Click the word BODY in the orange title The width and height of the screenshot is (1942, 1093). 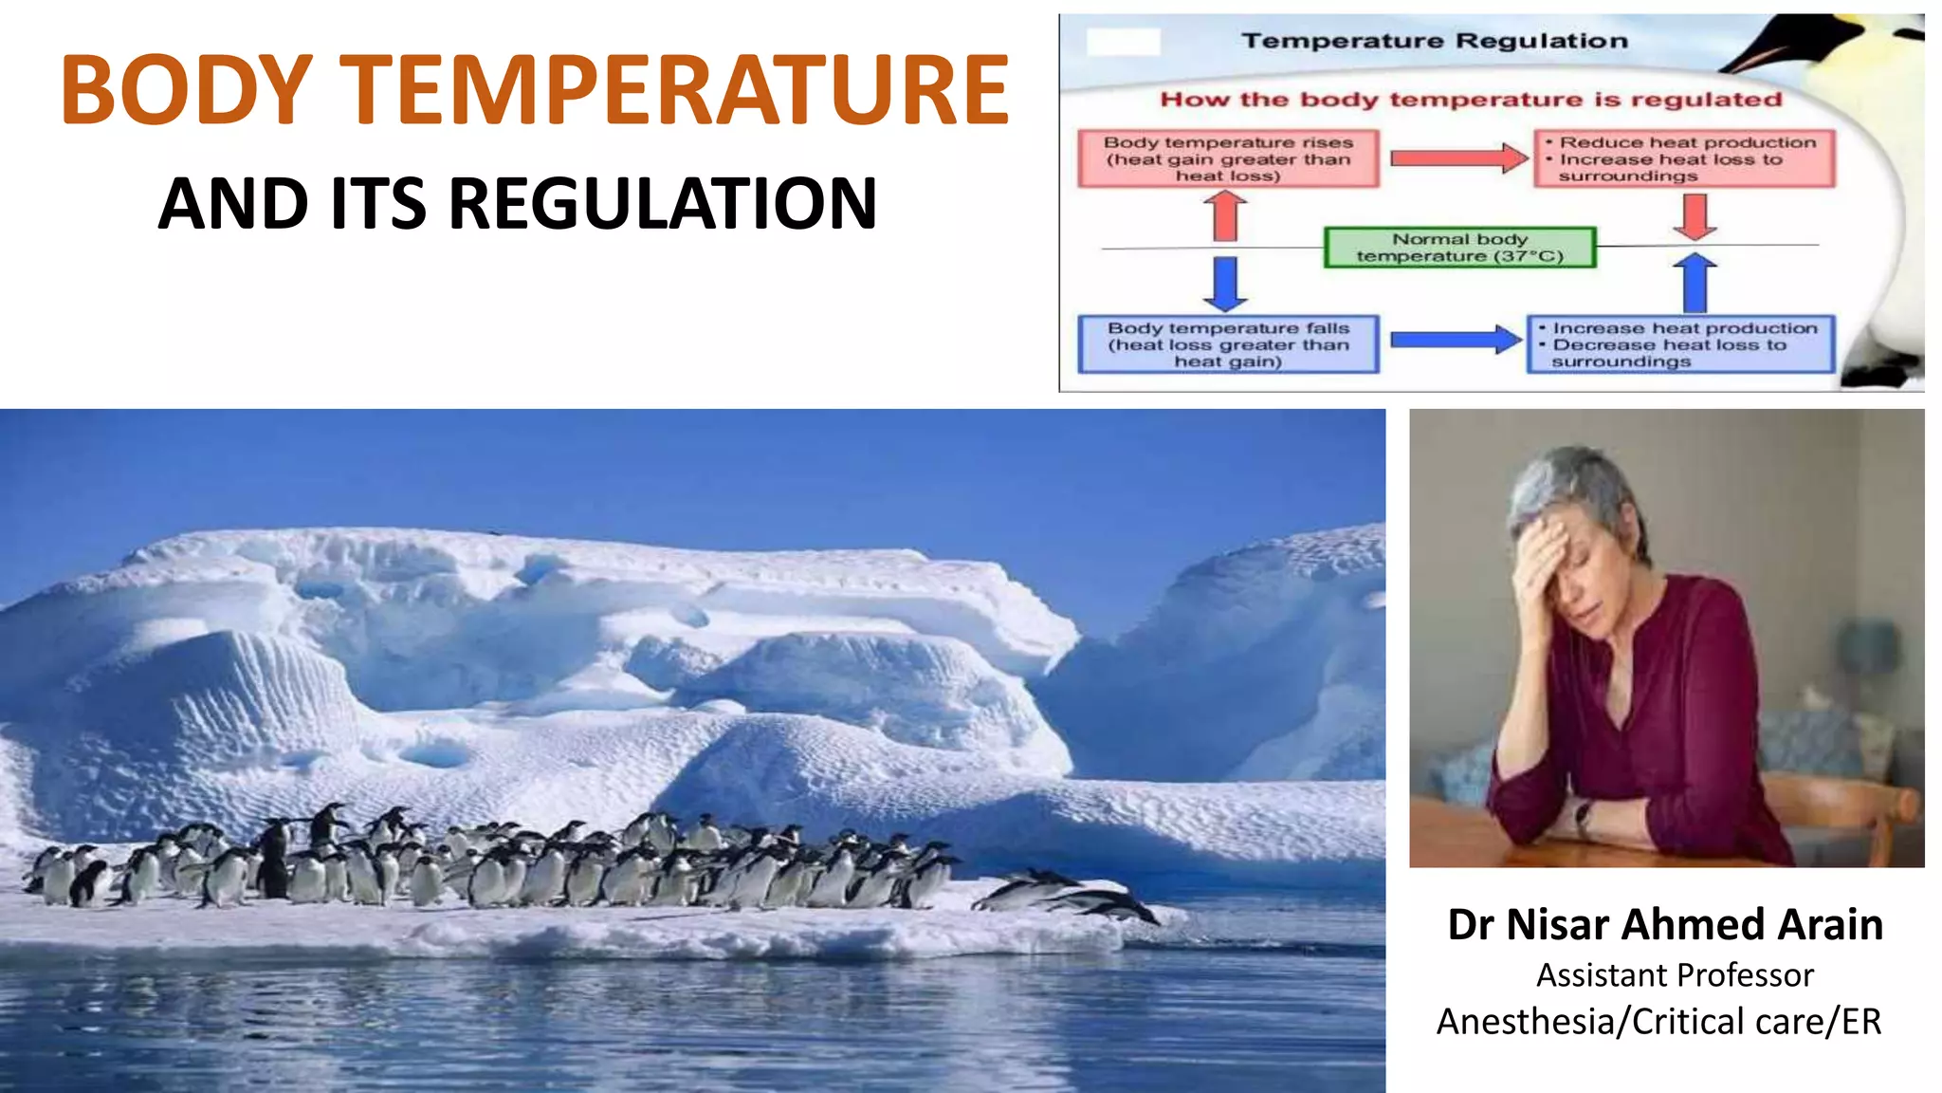coord(186,90)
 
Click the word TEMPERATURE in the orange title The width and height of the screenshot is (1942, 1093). coord(674,90)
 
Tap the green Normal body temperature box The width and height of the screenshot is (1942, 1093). coord(1459,248)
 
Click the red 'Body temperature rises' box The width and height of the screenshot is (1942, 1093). coord(1228,159)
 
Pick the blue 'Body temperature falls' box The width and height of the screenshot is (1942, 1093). coord(1228,344)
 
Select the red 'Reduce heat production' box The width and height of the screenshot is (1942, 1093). coord(1685,159)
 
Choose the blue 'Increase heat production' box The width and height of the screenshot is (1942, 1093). coord(1681,344)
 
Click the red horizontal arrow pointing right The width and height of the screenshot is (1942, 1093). coord(1458,158)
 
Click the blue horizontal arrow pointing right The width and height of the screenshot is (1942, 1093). coord(1456,340)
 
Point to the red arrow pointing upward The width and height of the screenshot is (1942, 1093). coord(1226,215)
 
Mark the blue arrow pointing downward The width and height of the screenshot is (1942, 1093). coord(1226,283)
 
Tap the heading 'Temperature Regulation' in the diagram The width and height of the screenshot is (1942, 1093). coord(1435,41)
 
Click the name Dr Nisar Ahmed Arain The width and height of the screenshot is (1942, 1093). coord(1665,924)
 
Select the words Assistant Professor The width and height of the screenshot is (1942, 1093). coord(1675,975)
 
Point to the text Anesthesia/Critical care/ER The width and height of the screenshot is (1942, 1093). coord(1658,1022)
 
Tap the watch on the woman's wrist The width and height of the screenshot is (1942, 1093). coord(1582,814)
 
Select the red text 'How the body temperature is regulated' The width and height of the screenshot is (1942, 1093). coord(1471,100)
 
